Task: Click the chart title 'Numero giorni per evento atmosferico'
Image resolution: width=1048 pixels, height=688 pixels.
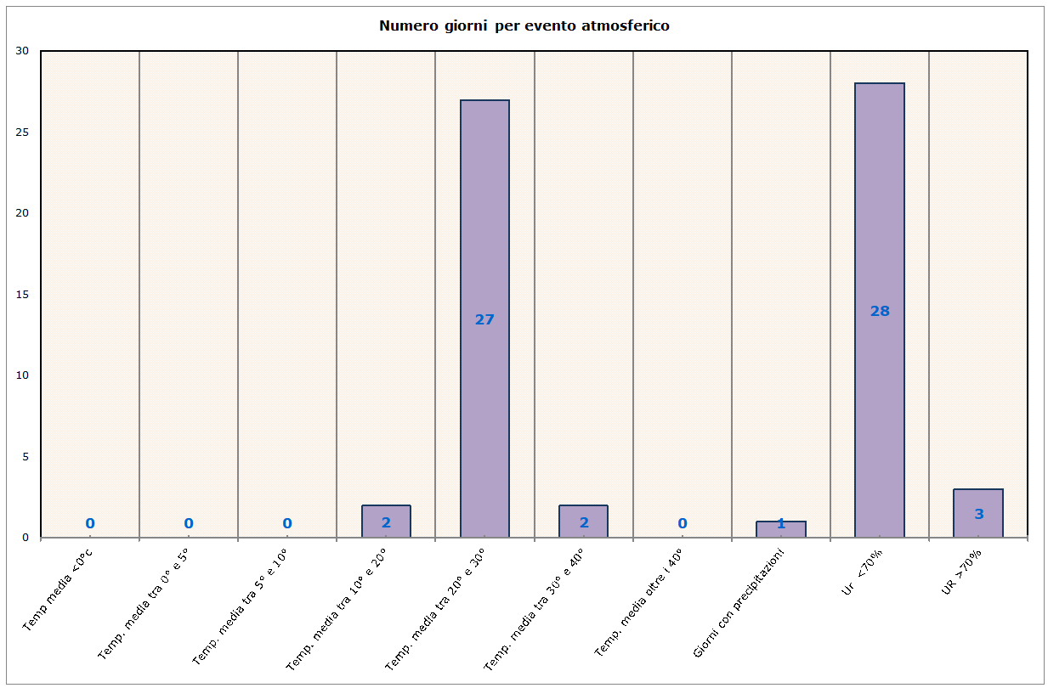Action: click(x=524, y=25)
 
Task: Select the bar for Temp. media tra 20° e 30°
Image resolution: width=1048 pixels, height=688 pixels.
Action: click(x=484, y=212)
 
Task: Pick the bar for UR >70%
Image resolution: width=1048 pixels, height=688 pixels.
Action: click(x=978, y=501)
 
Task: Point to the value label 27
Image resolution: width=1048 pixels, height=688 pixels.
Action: click(x=484, y=320)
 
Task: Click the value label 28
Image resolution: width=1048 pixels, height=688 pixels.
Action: click(x=880, y=312)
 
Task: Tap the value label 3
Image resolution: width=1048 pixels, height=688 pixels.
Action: click(x=978, y=514)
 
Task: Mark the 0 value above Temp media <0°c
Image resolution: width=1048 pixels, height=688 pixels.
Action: click(x=90, y=523)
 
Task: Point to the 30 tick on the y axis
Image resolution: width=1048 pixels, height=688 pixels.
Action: click(x=23, y=51)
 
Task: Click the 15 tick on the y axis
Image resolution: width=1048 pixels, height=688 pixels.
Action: click(x=23, y=294)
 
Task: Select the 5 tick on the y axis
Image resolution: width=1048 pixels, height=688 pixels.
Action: click(x=25, y=456)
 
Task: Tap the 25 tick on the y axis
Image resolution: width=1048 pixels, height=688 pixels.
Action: click(x=23, y=132)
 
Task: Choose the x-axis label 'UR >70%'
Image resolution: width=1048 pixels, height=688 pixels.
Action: click(x=962, y=571)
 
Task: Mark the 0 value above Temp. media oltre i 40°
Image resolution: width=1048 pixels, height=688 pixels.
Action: click(x=683, y=523)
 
